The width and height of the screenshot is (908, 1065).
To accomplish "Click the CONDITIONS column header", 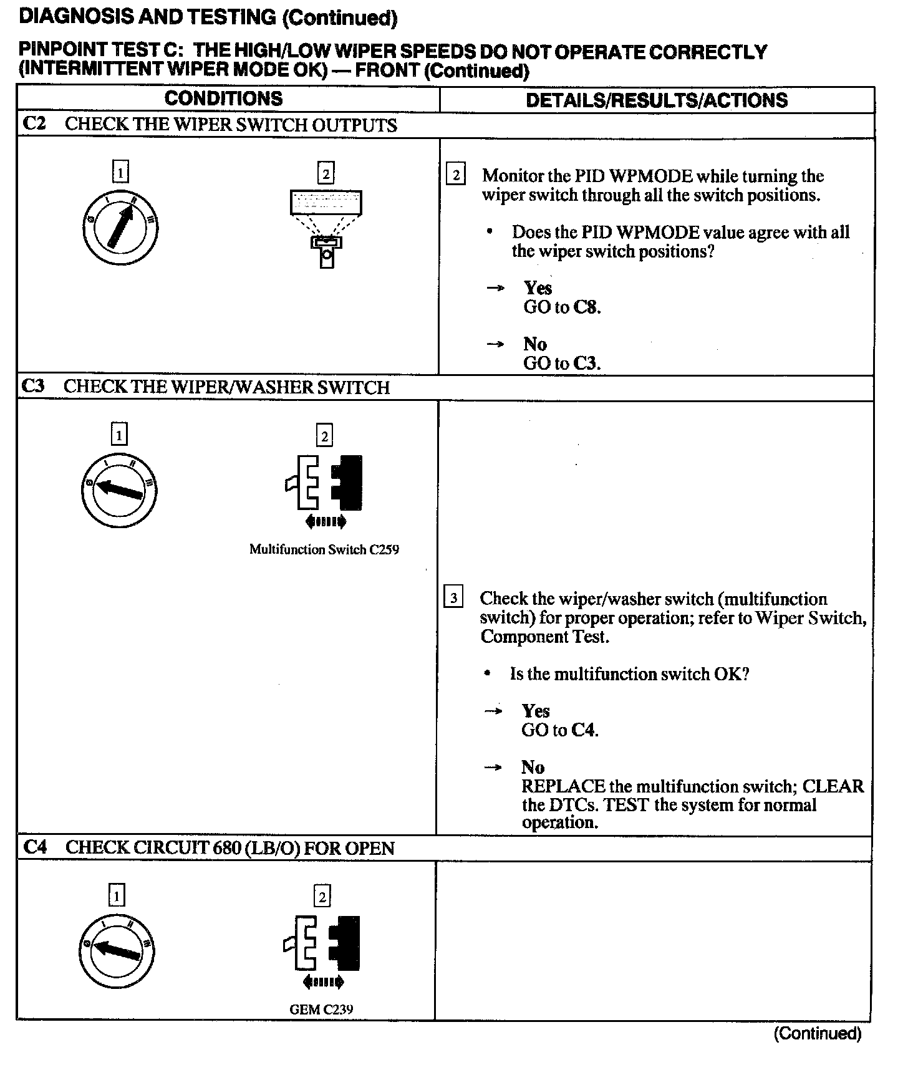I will [x=223, y=99].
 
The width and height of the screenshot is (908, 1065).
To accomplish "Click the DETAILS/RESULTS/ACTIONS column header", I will [x=656, y=100].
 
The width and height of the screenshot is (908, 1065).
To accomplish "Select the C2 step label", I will [x=34, y=123].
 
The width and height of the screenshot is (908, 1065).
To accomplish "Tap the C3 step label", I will [x=33, y=386].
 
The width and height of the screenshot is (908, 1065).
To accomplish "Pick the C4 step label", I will [x=35, y=847].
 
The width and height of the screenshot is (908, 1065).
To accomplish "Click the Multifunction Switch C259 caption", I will [x=324, y=549].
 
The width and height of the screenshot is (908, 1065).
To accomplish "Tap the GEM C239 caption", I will [x=321, y=1009].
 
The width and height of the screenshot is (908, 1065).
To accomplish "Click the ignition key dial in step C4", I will [x=117, y=950].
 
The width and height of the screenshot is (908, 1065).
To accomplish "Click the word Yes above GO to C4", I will [x=536, y=711].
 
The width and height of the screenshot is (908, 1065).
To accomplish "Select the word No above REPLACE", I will [x=533, y=767].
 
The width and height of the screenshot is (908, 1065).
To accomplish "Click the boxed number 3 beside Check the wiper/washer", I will [x=453, y=598].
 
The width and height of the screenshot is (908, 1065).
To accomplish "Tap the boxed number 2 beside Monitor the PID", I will [x=456, y=175].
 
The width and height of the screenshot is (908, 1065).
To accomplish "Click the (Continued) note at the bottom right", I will [x=817, y=1034].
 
